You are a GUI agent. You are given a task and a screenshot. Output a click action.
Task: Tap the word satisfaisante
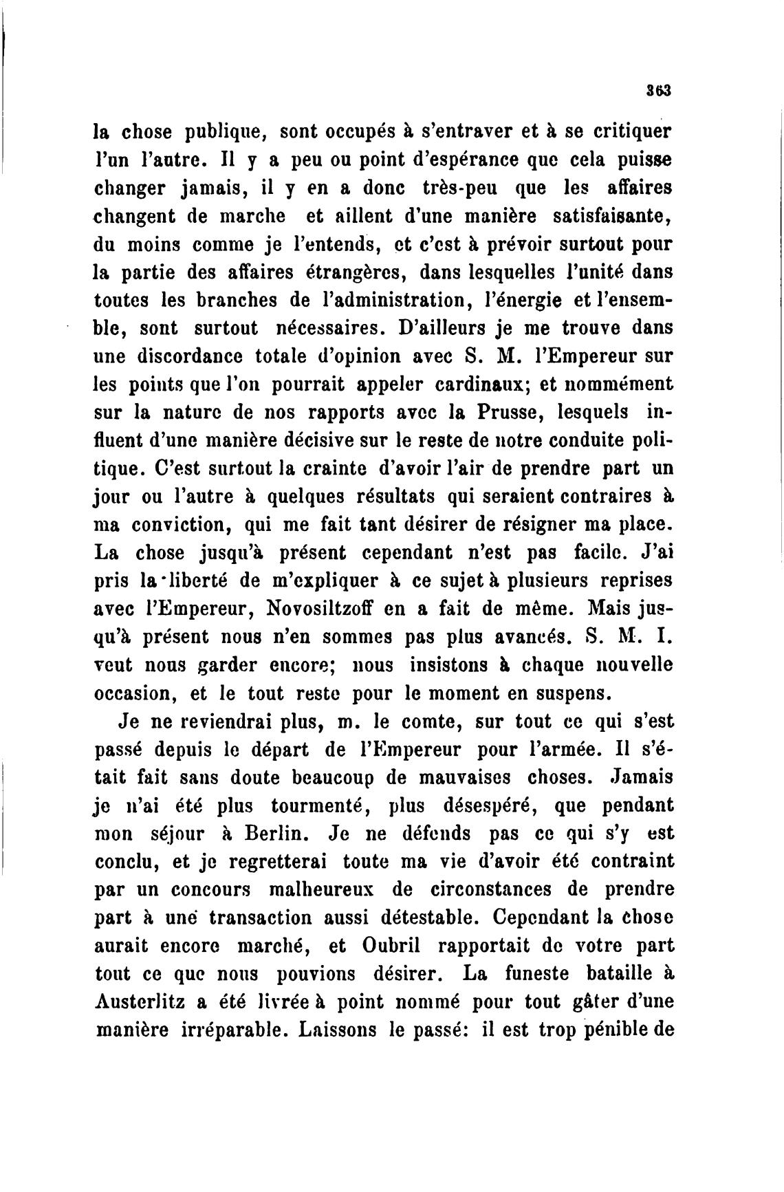[x=612, y=215]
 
